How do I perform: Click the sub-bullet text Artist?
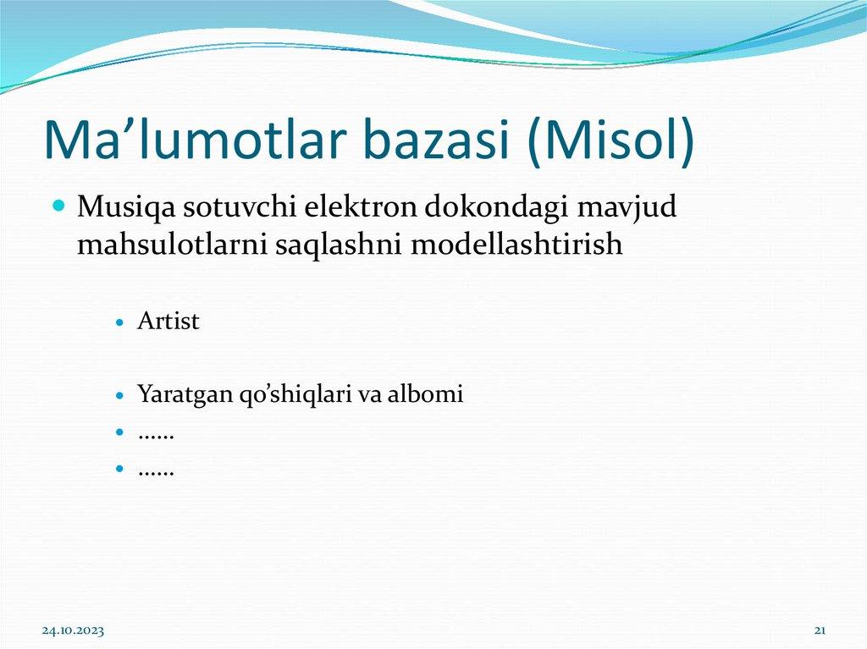[x=168, y=322]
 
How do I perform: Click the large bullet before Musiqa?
[x=59, y=206]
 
